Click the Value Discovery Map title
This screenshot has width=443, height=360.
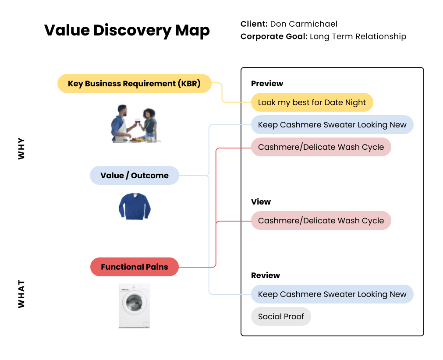[x=127, y=31]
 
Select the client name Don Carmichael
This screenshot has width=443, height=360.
[x=304, y=24]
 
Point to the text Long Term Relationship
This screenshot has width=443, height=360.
[x=358, y=36]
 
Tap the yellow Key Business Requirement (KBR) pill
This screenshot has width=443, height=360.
[x=134, y=84]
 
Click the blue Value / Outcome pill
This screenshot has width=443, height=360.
[x=134, y=176]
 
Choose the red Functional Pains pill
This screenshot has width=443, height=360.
[x=134, y=267]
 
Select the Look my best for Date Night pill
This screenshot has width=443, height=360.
[x=312, y=102]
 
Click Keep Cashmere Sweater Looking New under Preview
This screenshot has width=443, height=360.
[x=332, y=125]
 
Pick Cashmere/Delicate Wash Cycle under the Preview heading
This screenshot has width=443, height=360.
[x=321, y=147]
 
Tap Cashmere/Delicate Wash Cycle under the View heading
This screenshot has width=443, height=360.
[x=321, y=221]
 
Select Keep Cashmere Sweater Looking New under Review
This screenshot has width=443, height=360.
[x=332, y=294]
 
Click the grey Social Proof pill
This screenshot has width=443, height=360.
[x=281, y=317]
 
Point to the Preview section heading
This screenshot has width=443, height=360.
[x=267, y=84]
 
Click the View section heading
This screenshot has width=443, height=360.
[x=261, y=202]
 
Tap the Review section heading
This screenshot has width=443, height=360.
[x=265, y=275]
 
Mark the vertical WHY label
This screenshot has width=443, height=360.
[x=21, y=149]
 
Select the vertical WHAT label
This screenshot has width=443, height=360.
[x=21, y=294]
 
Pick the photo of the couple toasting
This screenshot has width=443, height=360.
[x=134, y=124]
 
